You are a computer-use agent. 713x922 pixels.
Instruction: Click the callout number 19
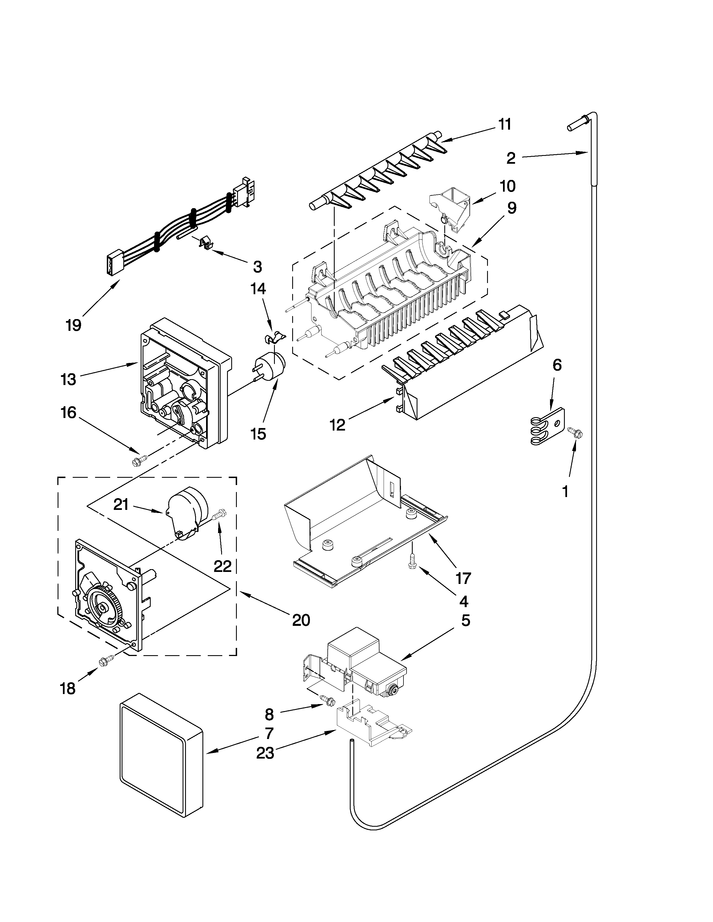pos(74,325)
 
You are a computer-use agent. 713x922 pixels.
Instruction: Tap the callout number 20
pos(301,620)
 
